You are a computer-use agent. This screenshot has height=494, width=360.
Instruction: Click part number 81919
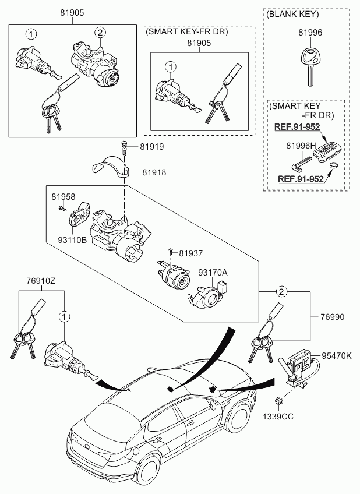click(x=152, y=147)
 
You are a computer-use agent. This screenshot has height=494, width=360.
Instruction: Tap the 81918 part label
click(x=154, y=172)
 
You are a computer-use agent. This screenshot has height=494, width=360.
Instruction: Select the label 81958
click(x=63, y=197)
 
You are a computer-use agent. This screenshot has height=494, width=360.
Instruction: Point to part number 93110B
click(x=72, y=240)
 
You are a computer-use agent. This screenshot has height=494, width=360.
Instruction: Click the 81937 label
click(x=191, y=253)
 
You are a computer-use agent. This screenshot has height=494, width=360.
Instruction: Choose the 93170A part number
click(x=213, y=273)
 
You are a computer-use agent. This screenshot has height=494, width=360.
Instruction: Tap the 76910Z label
click(x=41, y=280)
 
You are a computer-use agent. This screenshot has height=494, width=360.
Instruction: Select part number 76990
click(x=332, y=317)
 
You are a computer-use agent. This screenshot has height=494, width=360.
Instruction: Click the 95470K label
click(x=336, y=356)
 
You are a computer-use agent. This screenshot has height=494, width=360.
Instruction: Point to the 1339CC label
click(x=278, y=417)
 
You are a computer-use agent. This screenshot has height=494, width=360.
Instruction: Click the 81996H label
click(x=301, y=146)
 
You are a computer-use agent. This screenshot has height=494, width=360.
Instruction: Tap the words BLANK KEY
click(x=292, y=14)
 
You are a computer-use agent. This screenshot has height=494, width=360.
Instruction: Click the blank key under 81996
click(x=309, y=66)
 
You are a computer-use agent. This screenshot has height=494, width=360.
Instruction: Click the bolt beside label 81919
click(x=125, y=147)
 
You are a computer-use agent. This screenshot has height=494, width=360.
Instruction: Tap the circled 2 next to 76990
click(x=281, y=292)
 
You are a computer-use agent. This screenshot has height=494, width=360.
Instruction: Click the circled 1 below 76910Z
click(x=64, y=317)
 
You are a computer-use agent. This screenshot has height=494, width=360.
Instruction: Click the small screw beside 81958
click(x=62, y=208)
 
